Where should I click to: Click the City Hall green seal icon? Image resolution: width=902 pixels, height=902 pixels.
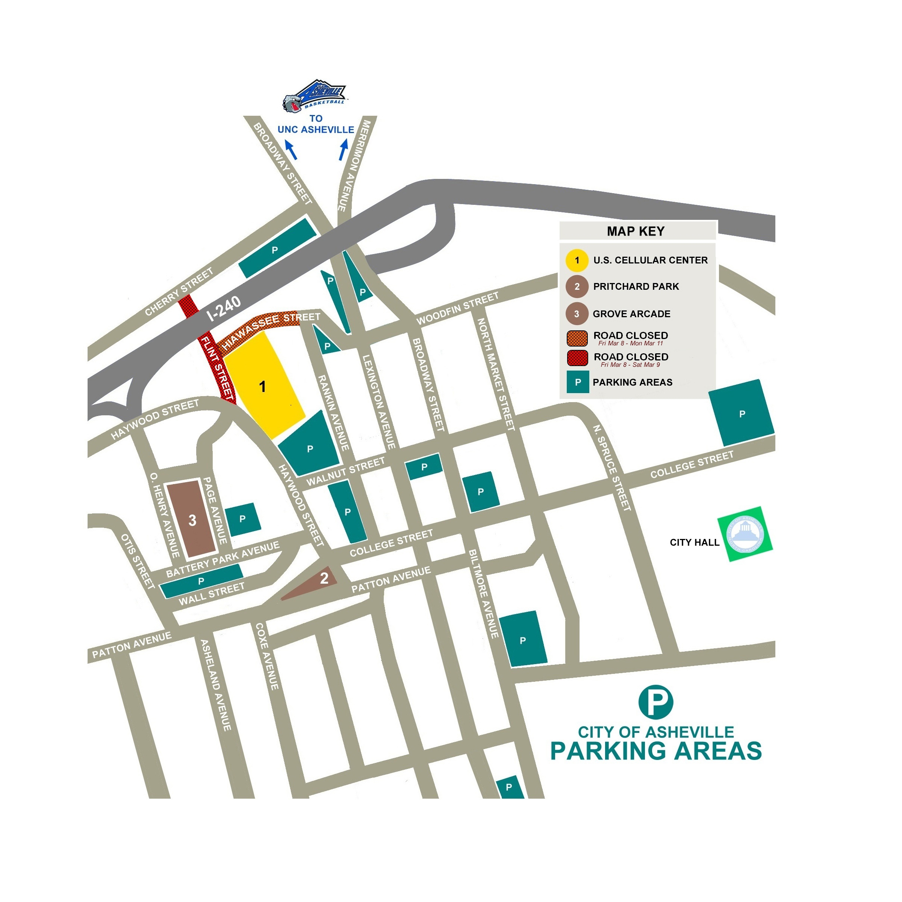pyautogui.click(x=745, y=534)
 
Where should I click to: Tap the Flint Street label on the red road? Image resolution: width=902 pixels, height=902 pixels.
pyautogui.click(x=217, y=368)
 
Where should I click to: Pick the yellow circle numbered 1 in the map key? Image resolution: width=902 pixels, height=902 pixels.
pyautogui.click(x=577, y=260)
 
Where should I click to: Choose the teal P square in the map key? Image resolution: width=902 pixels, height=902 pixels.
pyautogui.click(x=578, y=382)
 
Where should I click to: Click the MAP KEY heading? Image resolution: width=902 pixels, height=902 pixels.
pyautogui.click(x=636, y=231)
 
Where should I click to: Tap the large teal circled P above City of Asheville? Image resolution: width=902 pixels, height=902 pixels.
pyautogui.click(x=655, y=701)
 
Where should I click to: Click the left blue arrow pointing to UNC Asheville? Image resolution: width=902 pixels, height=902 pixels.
pyautogui.click(x=291, y=150)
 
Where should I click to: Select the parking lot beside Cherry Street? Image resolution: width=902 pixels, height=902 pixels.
pyautogui.click(x=277, y=249)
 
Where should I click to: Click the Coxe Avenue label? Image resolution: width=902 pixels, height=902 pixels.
pyautogui.click(x=267, y=656)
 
